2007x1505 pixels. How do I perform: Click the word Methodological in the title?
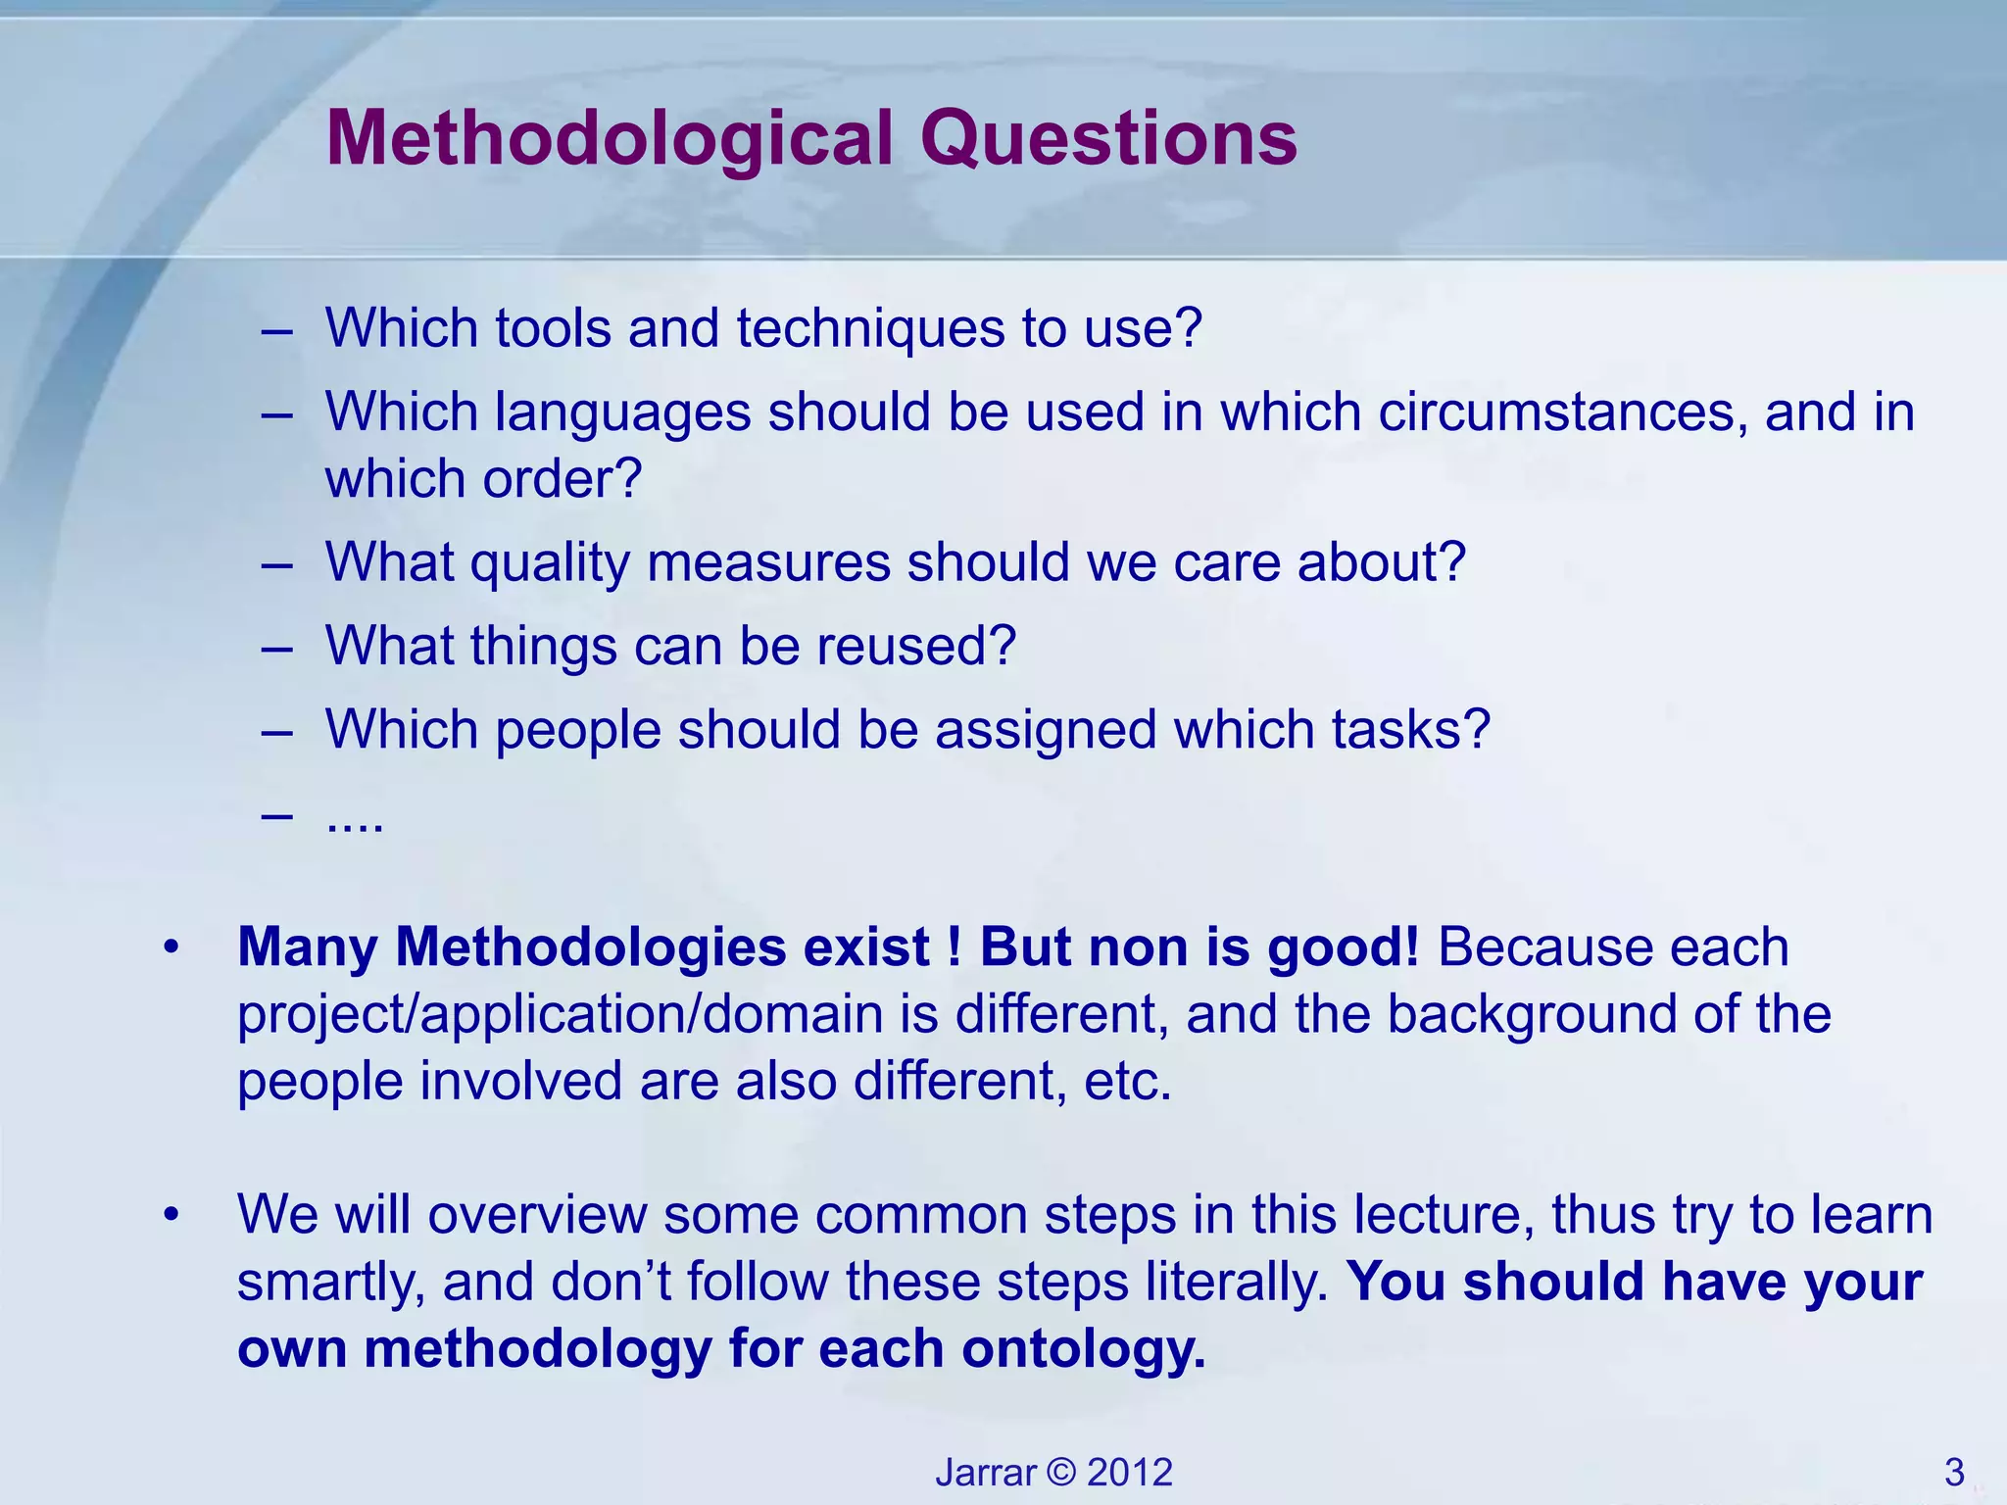[x=610, y=140]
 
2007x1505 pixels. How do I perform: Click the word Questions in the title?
[x=1108, y=140]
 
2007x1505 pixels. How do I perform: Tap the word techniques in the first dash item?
[x=871, y=328]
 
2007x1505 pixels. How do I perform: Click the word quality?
[x=550, y=563]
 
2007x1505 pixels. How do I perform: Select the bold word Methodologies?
[x=591, y=947]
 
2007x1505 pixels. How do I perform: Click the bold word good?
[x=1343, y=947]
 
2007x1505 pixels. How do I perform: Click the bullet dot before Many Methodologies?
[x=172, y=948]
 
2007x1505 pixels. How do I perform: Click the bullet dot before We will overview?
[x=172, y=1216]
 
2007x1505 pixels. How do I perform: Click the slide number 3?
[x=1954, y=1473]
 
